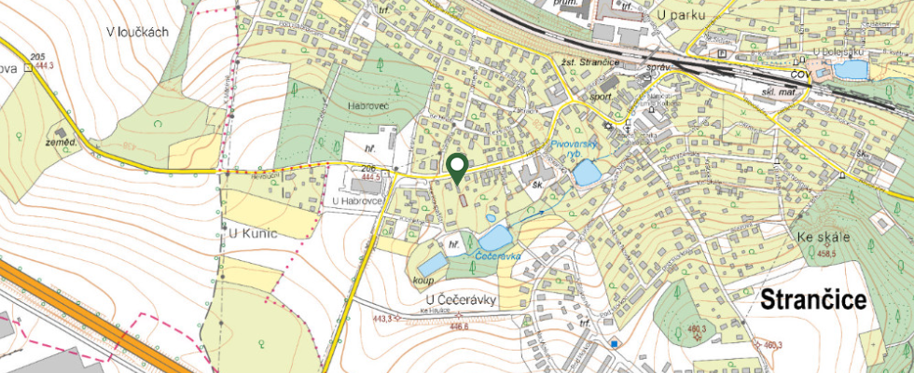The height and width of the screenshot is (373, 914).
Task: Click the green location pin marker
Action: pos(457,168)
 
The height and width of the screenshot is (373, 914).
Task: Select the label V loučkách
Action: pos(136,32)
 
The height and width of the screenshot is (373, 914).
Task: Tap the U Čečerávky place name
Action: pos(454,299)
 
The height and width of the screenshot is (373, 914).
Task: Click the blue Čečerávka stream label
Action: pos(496,255)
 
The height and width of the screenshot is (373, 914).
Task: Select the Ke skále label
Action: pos(824,237)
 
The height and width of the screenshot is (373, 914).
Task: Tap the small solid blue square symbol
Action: pos(616,344)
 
